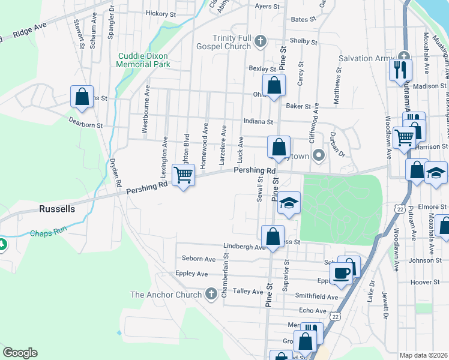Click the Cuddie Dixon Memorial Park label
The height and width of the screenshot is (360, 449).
click(143, 60)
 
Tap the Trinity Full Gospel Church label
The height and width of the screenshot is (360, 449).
click(226, 41)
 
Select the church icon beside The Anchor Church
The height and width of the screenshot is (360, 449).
click(211, 294)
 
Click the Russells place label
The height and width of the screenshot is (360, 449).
click(57, 209)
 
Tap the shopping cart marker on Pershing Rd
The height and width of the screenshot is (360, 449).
click(183, 176)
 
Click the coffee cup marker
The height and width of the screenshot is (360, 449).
click(342, 273)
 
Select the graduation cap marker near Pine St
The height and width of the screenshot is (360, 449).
click(289, 203)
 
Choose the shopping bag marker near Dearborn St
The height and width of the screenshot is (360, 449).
click(82, 96)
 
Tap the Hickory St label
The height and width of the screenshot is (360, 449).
click(160, 13)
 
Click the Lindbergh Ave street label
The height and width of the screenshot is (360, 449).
click(244, 247)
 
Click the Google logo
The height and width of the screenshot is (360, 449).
click(20, 352)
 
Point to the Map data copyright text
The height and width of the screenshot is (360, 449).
click(423, 355)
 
